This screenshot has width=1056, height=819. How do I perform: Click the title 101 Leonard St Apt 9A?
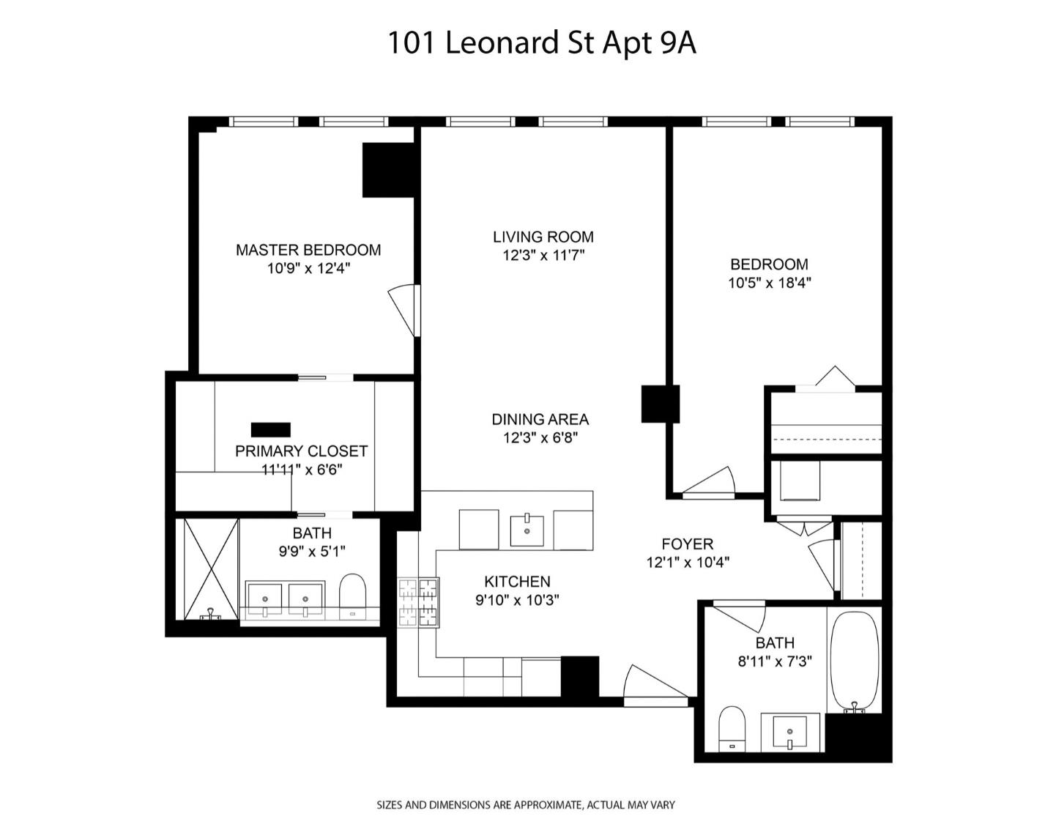point(540,42)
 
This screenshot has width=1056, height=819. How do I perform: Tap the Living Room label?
point(543,237)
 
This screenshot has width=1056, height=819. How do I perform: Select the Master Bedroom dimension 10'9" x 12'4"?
point(308,269)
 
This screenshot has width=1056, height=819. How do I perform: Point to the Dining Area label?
point(540,419)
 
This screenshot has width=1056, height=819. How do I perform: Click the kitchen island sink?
point(527,530)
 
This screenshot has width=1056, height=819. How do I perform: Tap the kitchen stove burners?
point(418,602)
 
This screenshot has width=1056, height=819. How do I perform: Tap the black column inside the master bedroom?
point(388,170)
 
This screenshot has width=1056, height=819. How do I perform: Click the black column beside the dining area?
point(659,404)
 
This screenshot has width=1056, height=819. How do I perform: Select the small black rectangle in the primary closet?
point(271,429)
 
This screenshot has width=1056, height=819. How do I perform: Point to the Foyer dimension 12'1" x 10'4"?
point(687,563)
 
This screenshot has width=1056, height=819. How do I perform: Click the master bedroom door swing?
point(404,308)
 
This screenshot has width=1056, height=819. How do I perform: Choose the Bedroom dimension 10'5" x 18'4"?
point(769,283)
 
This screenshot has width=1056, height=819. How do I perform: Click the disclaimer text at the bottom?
point(525,804)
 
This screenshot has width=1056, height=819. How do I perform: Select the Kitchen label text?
point(517,582)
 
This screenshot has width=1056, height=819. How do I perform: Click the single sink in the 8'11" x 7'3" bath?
point(789,732)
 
